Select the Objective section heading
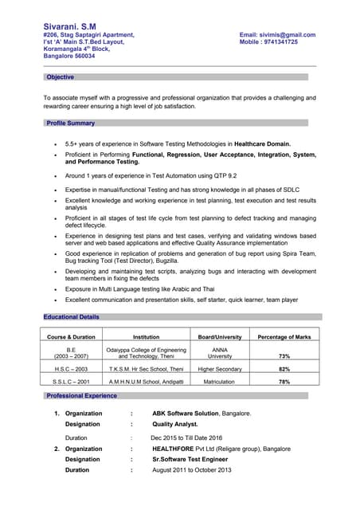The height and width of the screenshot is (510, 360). tap(60, 77)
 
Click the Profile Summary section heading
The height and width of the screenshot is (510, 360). tap(70, 124)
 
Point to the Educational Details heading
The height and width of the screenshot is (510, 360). tap(72, 317)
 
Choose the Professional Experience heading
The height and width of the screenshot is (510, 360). tap(81, 396)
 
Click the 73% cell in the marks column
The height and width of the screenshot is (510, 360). tap(284, 356)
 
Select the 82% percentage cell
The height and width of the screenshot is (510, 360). tap(284, 370)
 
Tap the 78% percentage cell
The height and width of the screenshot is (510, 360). tap(284, 382)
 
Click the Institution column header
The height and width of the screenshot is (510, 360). tap(146, 337)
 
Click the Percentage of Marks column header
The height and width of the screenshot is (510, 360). tap(284, 337)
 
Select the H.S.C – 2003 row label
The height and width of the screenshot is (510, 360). tap(71, 370)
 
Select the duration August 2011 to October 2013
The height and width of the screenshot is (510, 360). tap(191, 470)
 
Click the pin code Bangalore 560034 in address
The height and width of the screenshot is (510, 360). tap(68, 57)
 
